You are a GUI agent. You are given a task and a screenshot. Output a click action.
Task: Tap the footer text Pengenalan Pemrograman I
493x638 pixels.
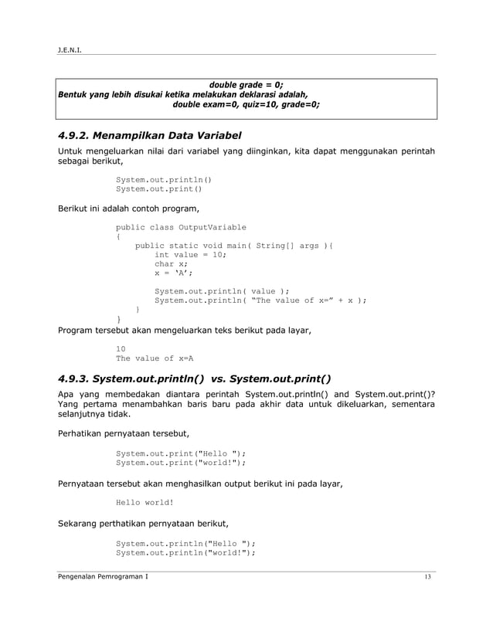click(x=104, y=578)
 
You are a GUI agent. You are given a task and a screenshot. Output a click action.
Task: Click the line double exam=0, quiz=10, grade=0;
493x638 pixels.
click(x=246, y=104)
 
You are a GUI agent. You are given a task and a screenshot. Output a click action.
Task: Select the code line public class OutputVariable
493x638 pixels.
click(x=181, y=227)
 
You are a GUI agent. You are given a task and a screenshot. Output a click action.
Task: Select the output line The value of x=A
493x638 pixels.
click(x=154, y=358)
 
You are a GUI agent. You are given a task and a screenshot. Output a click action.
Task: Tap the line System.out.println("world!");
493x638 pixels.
click(x=185, y=552)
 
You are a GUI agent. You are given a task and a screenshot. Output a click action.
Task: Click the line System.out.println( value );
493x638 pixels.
click(x=222, y=291)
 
